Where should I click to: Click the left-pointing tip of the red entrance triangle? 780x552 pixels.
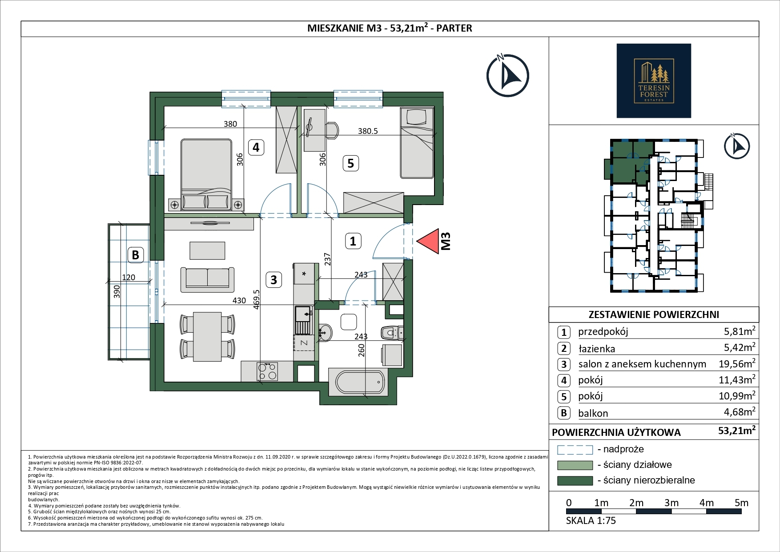(x=417, y=242)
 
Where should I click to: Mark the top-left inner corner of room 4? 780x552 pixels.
(x=164, y=106)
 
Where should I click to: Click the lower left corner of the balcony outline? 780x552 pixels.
(x=108, y=359)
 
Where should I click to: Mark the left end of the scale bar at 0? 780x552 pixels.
(x=567, y=511)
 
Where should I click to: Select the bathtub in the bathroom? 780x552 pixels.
(x=360, y=382)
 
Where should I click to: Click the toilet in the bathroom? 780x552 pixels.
(x=392, y=332)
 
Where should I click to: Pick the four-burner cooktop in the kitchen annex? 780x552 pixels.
(x=267, y=371)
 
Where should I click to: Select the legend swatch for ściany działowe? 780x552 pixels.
(x=575, y=465)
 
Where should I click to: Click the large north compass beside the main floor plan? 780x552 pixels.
(x=507, y=76)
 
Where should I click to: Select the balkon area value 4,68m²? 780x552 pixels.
(x=740, y=411)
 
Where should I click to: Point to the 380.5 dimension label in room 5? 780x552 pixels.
(x=368, y=131)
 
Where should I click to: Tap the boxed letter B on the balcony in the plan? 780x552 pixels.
(x=136, y=255)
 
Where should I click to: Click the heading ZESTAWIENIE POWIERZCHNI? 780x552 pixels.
(x=654, y=314)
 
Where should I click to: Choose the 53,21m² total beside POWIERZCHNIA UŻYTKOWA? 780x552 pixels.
(x=737, y=431)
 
